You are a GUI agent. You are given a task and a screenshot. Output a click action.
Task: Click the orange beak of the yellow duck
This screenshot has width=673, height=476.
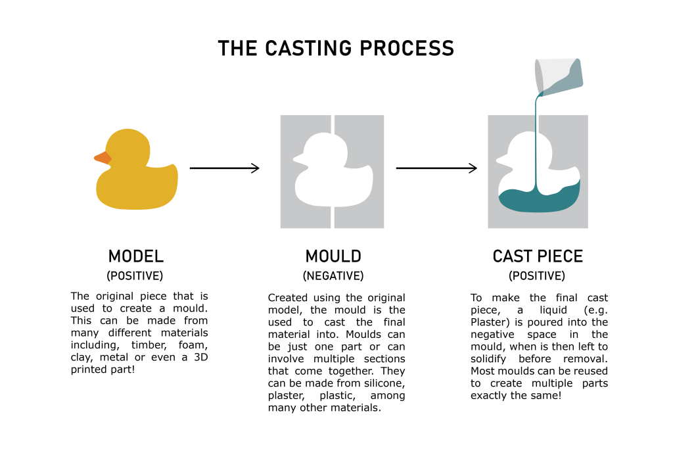tap(103, 158)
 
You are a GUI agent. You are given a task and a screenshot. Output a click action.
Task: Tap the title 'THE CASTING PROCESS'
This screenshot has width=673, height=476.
tap(336, 49)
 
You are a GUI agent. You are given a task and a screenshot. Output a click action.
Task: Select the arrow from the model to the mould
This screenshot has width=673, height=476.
tap(224, 168)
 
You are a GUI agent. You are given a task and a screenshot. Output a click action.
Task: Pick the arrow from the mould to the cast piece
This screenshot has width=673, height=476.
tap(436, 168)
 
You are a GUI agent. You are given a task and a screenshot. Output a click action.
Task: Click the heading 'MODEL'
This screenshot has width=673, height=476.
tap(136, 256)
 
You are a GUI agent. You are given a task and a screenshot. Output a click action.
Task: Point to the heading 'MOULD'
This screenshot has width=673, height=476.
tap(333, 256)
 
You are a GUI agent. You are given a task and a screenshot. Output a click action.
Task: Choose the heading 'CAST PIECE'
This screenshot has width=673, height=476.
tap(538, 256)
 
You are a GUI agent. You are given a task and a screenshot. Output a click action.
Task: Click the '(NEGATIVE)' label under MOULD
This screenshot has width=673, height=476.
tap(333, 276)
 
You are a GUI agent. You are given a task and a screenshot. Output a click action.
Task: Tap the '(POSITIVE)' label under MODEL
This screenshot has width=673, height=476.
tap(135, 276)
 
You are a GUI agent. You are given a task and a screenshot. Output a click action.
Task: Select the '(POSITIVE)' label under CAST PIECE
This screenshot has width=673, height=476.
tap(537, 276)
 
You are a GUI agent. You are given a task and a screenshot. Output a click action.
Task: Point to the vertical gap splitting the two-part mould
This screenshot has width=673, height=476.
tap(333, 217)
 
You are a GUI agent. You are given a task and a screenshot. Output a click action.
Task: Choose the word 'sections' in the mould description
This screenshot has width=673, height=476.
tap(384, 359)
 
